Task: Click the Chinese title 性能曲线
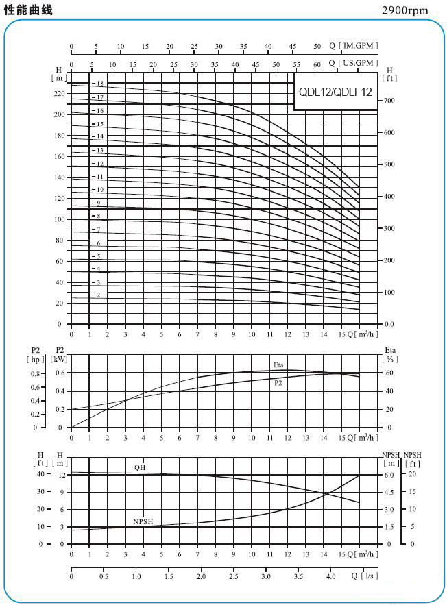pyautogui.click(x=28, y=10)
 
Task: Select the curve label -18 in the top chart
pyautogui.click(x=98, y=84)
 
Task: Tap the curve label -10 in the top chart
pyautogui.click(x=98, y=189)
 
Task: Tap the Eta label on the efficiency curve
pyautogui.click(x=278, y=364)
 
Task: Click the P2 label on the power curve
pyautogui.click(x=278, y=383)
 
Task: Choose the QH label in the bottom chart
pyautogui.click(x=139, y=468)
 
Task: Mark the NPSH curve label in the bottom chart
pyautogui.click(x=143, y=522)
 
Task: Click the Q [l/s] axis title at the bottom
pyautogui.click(x=365, y=576)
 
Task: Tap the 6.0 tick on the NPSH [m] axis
pyautogui.click(x=389, y=475)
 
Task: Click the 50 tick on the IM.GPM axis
pyautogui.click(x=317, y=46)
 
